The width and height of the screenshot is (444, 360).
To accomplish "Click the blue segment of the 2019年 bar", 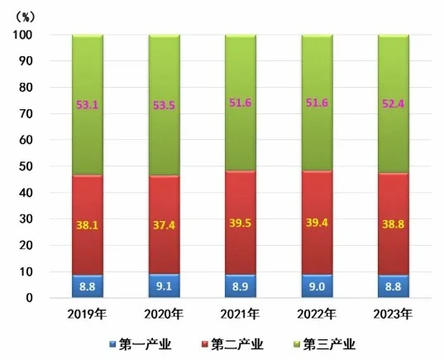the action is pos(88,286).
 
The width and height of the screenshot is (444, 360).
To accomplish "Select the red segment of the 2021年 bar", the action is pos(241,223).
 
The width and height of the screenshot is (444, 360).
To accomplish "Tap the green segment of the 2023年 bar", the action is pos(394,103).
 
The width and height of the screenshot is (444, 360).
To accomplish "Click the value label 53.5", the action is pos(164,105).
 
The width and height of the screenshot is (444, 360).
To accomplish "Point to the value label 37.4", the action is pos(164,225).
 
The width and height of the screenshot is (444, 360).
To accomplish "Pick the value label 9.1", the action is pos(164,286).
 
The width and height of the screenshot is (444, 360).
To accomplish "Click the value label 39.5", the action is pos(241,223).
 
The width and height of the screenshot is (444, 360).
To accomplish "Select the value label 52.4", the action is pos(394,103).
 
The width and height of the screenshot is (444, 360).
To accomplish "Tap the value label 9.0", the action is pos(317,286).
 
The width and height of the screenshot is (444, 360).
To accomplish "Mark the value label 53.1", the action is pos(88,105).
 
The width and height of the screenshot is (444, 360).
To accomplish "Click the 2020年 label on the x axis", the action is pos(164,314).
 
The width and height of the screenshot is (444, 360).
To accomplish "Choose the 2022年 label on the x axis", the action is pos(317,314).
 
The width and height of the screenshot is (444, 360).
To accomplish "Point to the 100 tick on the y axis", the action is pos(22,35).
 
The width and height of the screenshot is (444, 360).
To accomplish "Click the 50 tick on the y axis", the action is pos(26,166).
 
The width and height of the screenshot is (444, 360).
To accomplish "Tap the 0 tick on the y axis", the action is pos(30,298).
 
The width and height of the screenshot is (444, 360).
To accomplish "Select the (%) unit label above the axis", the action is pos(26,17).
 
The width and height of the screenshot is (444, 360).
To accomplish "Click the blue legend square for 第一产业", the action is pos(112,344).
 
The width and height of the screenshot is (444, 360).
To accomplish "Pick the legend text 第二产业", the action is pos(237,344).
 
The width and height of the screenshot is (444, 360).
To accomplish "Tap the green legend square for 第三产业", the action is pos(297,344).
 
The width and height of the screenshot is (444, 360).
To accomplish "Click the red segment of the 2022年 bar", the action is pos(317,223).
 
